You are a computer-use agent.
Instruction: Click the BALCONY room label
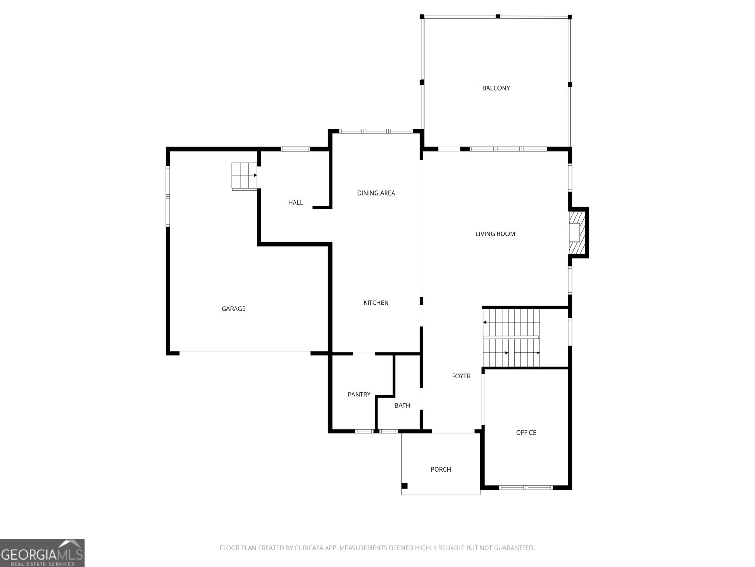coord(495,88)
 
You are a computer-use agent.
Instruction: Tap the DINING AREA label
coord(376,193)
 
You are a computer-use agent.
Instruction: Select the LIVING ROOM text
coord(495,234)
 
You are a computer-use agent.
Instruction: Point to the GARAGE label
coord(233,309)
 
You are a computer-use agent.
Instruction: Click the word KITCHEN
coord(376,302)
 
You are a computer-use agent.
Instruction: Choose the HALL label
coord(295,202)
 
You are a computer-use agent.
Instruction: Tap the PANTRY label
coord(359,395)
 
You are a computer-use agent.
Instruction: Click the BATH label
coord(402,405)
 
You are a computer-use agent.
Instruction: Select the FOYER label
coord(461,376)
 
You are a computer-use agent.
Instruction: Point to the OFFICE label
coord(526,433)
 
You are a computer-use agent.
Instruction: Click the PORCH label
coord(441,469)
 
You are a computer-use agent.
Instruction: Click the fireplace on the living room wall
coord(577,232)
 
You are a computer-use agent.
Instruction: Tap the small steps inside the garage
coord(244,176)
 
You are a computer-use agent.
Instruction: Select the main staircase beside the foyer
coord(511,337)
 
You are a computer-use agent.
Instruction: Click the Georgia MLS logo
coord(42,552)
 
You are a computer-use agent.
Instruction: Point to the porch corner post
coord(404,486)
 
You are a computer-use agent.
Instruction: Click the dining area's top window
coord(376,131)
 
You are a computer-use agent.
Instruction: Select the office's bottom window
coord(525,488)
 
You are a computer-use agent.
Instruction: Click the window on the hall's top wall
coord(295,149)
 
